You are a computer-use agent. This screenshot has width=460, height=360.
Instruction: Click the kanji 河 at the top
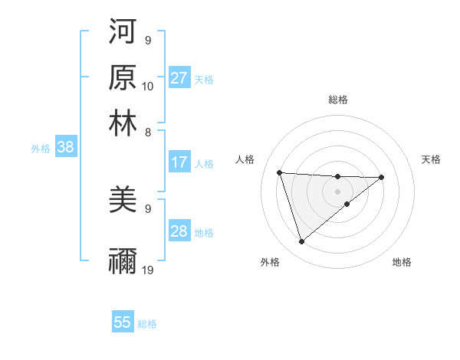pos(123,31)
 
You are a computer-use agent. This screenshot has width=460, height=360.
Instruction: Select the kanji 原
pos(123,77)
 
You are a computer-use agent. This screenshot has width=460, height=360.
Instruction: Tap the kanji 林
pos(123,123)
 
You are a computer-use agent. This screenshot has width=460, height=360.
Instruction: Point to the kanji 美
pos(123,200)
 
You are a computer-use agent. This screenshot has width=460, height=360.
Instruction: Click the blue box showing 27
pos(179,78)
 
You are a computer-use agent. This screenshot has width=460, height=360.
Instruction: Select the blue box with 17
pos(179,162)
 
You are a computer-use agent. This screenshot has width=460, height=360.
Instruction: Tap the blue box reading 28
pos(179,231)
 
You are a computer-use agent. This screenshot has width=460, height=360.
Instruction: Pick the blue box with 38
pos(65,148)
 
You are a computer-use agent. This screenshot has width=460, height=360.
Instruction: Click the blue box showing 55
pos(123,322)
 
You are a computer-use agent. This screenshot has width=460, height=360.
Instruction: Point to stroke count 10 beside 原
pos(148,86)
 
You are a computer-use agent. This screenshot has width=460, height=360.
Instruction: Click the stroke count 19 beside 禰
pos(148,270)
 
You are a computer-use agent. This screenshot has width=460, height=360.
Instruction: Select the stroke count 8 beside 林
pos(148,132)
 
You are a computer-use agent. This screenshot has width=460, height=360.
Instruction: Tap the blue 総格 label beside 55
pos(147,324)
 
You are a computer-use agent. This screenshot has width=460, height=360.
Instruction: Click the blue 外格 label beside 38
pos(40,149)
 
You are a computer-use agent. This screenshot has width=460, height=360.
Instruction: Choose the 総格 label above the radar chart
pos(337,100)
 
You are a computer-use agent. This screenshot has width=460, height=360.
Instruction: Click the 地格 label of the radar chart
pos(402,263)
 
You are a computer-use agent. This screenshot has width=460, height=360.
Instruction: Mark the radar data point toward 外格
pos(301,242)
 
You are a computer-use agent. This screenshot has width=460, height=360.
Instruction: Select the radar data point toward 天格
pos(382,177)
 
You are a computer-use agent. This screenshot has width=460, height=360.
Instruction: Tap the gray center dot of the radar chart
pos(337,191)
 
